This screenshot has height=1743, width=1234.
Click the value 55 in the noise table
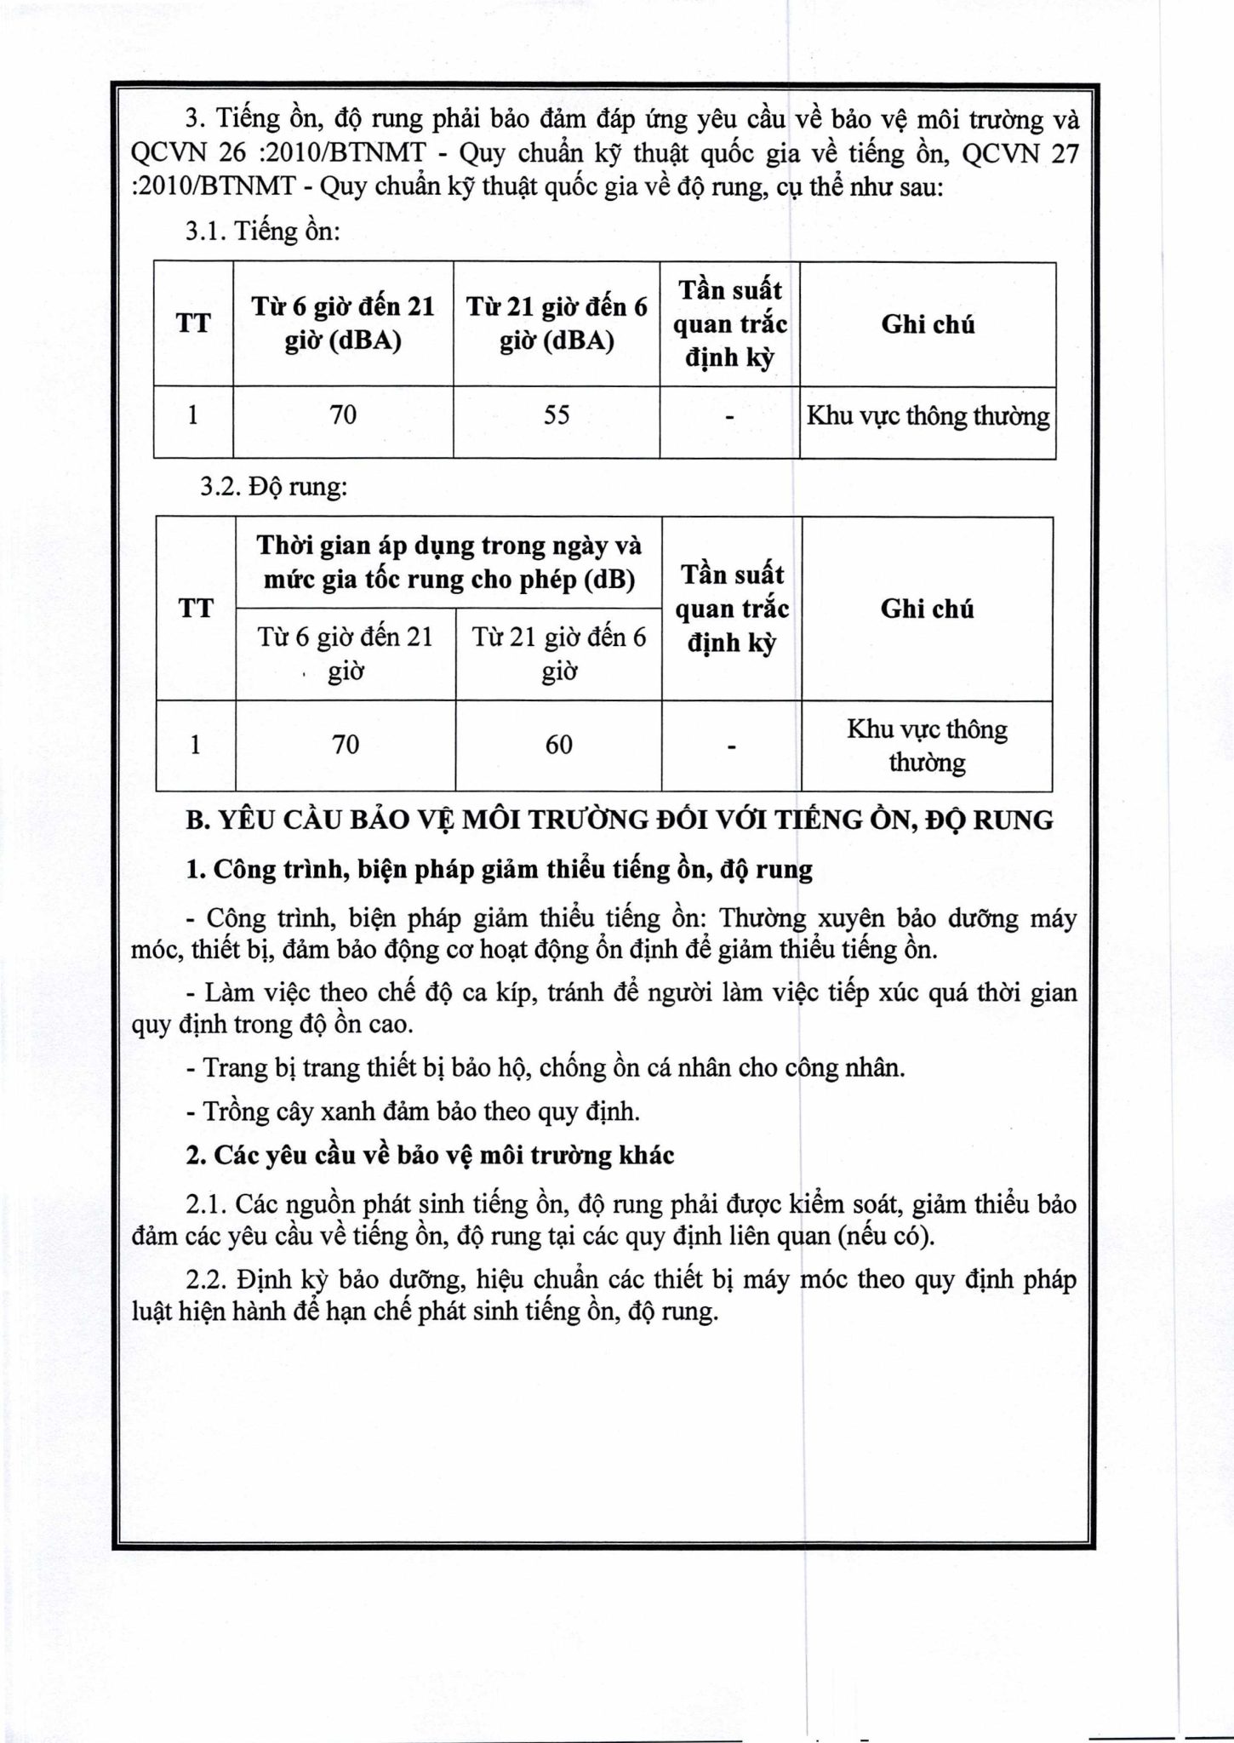[557, 415]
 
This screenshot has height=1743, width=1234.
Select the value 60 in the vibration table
[559, 745]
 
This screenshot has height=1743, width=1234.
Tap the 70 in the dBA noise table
[343, 415]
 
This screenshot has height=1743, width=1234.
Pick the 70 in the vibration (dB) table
[346, 745]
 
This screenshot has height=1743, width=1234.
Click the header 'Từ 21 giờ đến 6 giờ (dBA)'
[557, 324]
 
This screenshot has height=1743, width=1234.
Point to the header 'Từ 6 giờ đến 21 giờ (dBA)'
[343, 324]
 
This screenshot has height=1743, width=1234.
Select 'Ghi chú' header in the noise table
[928, 324]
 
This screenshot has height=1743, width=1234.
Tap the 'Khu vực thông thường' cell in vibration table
[927, 746]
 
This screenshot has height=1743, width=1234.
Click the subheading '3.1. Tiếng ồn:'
[262, 231]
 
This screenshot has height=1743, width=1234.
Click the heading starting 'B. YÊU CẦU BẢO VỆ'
[620, 820]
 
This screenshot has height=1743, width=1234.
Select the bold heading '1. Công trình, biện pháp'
[500, 870]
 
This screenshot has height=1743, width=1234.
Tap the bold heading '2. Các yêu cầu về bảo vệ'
[431, 1156]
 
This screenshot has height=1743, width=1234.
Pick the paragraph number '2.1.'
[207, 1204]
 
